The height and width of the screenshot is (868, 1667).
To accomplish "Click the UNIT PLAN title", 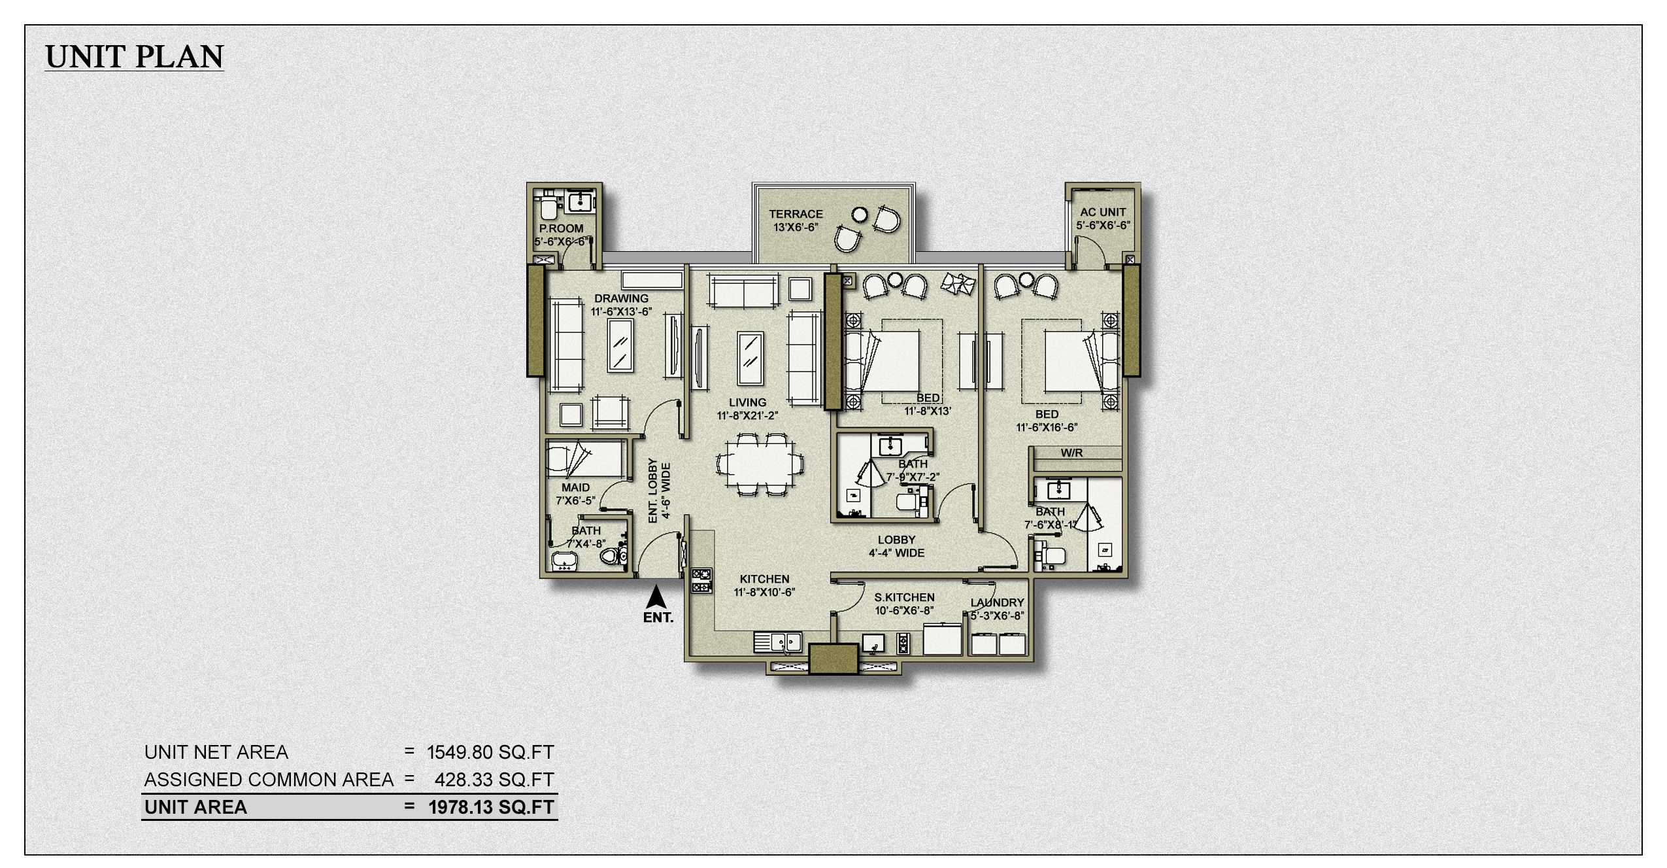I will (x=135, y=57).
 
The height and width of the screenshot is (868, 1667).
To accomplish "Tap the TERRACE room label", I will (x=796, y=214).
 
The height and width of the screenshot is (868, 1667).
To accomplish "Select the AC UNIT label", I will (x=1103, y=212).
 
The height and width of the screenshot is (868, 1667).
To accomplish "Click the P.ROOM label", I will (x=561, y=228).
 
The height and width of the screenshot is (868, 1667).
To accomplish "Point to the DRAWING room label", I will (x=621, y=298).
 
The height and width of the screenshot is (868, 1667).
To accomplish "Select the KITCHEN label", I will (x=764, y=579).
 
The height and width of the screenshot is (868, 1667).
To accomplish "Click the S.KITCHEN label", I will (x=904, y=597).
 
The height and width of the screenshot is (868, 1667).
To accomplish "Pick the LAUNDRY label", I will (x=997, y=602).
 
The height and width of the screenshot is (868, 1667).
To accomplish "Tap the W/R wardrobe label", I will (x=1071, y=453).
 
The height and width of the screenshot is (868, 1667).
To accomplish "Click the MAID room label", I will (x=575, y=487).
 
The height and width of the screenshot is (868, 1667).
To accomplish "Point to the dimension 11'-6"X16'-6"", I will (x=1047, y=428).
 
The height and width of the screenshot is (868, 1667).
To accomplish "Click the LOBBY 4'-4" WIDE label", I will (x=896, y=546).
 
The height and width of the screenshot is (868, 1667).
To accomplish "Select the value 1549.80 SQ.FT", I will (x=490, y=752).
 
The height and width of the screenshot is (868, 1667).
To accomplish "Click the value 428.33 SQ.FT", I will (x=494, y=780).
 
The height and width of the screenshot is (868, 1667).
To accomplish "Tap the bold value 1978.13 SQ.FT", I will (x=491, y=807).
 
